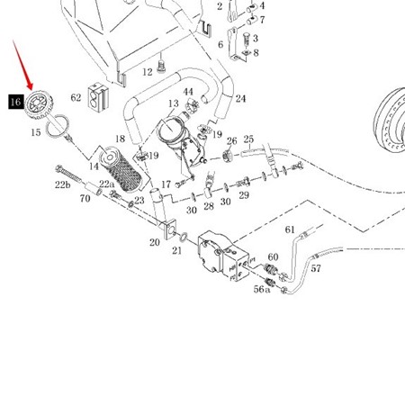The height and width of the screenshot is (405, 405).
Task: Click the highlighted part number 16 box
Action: tap(16, 102)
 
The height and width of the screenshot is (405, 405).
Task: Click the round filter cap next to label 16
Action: tap(39, 105)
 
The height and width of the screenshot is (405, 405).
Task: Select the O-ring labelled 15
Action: tap(58, 127)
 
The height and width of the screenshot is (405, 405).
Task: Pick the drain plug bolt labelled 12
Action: tap(161, 67)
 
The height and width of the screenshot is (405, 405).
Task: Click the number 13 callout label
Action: tap(174, 103)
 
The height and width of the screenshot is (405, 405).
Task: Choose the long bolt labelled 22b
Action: tap(68, 174)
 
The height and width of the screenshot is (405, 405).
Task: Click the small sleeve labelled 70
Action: tap(94, 188)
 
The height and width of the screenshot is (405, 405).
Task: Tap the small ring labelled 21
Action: tap(184, 237)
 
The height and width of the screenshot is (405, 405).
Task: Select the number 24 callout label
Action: tap(240, 99)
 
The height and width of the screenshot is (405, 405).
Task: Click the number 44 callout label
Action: tap(188, 92)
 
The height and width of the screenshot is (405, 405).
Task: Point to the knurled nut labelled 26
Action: tap(228, 156)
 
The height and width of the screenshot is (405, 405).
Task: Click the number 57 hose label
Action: tap(316, 268)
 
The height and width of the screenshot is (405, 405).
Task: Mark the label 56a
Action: tap(262, 289)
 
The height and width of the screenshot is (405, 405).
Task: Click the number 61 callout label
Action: tap(290, 229)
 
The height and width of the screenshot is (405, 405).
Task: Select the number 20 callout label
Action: tap(155, 242)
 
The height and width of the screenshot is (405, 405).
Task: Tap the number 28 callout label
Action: tap(209, 206)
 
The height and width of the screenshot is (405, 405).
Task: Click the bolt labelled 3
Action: tap(246, 40)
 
